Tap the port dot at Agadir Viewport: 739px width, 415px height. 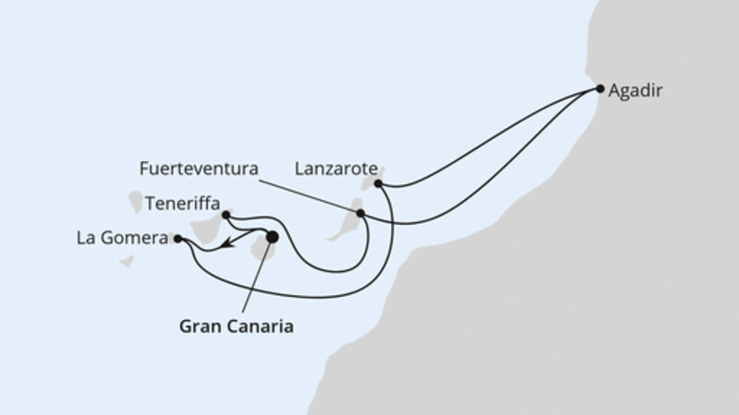600,89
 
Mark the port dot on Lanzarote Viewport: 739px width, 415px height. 379,184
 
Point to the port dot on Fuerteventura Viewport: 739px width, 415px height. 360,213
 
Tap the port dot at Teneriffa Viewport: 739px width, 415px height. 226,214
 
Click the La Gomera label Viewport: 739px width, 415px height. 120,238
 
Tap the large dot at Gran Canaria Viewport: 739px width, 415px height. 272,237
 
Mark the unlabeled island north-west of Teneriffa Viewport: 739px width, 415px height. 136,200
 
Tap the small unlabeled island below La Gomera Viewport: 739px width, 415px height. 127,261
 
